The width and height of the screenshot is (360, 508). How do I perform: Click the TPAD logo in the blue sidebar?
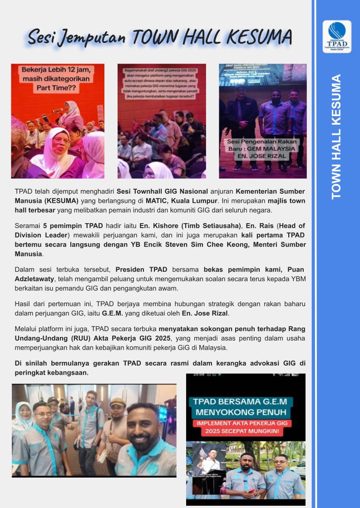[336, 36]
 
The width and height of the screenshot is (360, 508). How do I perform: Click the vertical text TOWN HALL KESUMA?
[336, 137]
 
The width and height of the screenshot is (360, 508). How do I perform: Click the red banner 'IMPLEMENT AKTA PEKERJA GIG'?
[245, 426]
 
